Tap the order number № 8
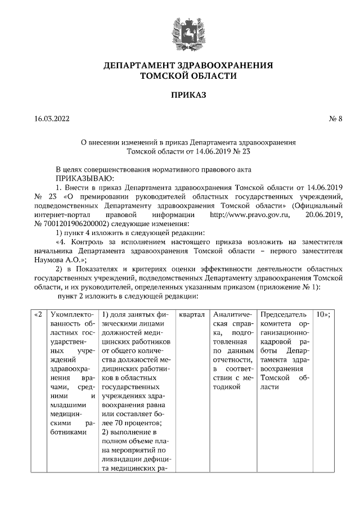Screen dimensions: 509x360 click(336, 119)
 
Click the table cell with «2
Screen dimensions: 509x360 click(37, 314)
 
